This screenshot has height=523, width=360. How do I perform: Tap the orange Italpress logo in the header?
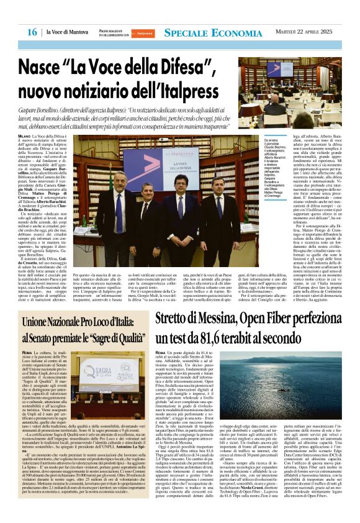tap(145, 32)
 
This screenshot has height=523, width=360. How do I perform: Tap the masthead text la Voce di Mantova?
tap(66, 32)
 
